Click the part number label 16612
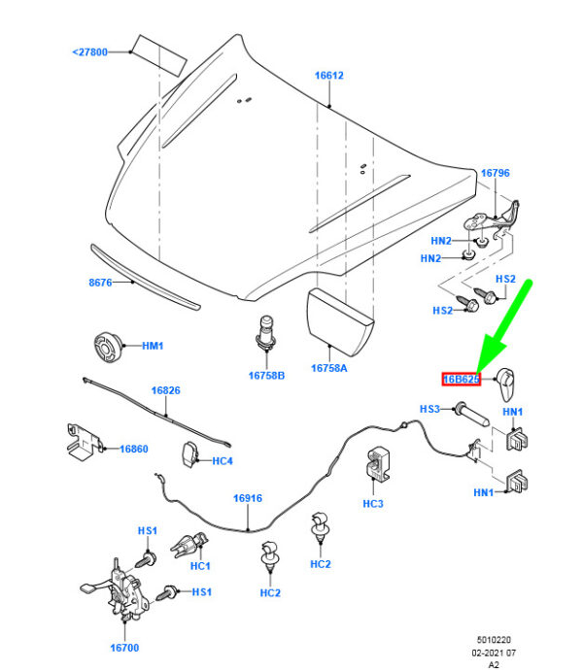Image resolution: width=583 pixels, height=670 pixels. pos(328,75)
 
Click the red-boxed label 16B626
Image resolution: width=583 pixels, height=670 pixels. pos(462,379)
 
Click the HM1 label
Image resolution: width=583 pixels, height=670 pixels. pos(154,346)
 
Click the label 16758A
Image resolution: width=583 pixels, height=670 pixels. pos(328,368)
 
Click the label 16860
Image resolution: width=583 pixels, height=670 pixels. pos(133,449)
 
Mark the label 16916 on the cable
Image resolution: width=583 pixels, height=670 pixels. pos(248,498)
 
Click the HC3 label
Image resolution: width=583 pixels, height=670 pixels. pos(373,503)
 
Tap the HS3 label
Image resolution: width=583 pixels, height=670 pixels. pos(430,409)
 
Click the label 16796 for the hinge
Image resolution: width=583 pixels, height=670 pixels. pos(495,173)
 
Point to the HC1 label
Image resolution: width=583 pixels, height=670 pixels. pos(201,566)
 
